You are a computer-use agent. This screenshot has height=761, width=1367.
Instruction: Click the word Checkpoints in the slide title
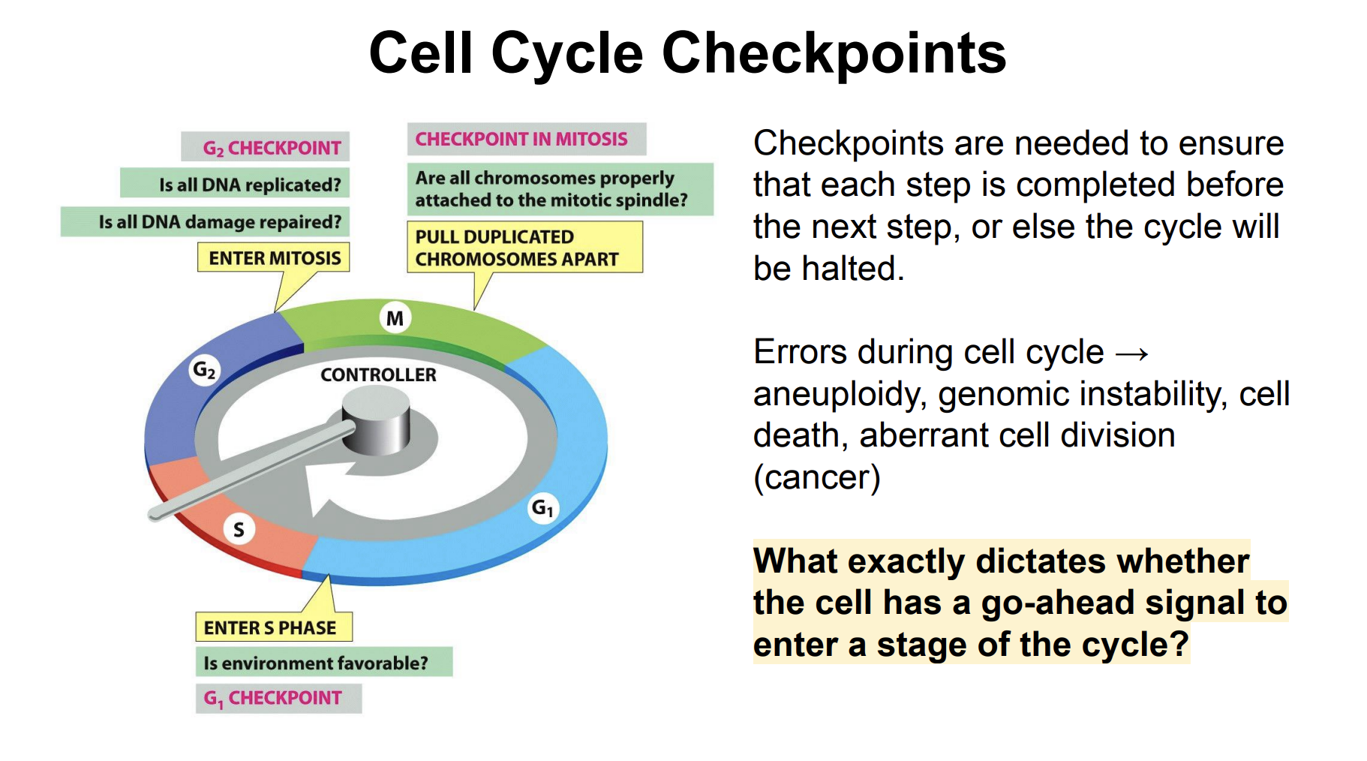[833, 54]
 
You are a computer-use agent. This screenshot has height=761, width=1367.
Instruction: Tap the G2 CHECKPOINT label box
[266, 147]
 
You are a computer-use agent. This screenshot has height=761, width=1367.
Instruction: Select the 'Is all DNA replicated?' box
[235, 184]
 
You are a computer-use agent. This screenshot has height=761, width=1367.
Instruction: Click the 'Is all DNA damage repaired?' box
[205, 221]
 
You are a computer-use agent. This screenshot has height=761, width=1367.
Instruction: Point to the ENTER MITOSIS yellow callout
[274, 257]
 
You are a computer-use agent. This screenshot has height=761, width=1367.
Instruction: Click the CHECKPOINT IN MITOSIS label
[526, 139]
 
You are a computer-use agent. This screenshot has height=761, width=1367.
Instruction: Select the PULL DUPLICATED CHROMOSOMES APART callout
[524, 247]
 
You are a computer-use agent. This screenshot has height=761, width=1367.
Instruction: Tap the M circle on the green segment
[395, 318]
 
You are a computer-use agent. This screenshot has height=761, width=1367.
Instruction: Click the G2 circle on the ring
[204, 370]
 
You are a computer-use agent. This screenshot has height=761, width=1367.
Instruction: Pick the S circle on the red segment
[239, 529]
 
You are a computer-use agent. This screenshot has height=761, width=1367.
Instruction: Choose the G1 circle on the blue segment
[542, 508]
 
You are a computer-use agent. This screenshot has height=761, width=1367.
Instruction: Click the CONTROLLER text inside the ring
[378, 374]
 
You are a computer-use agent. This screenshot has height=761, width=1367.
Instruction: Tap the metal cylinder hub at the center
[376, 423]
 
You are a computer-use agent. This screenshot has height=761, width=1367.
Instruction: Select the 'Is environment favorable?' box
[323, 662]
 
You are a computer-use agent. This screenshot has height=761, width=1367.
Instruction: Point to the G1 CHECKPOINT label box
[278, 698]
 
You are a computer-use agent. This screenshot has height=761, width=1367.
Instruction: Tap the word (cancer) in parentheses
[816, 477]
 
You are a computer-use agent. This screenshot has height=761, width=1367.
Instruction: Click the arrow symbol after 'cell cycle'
[1132, 353]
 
